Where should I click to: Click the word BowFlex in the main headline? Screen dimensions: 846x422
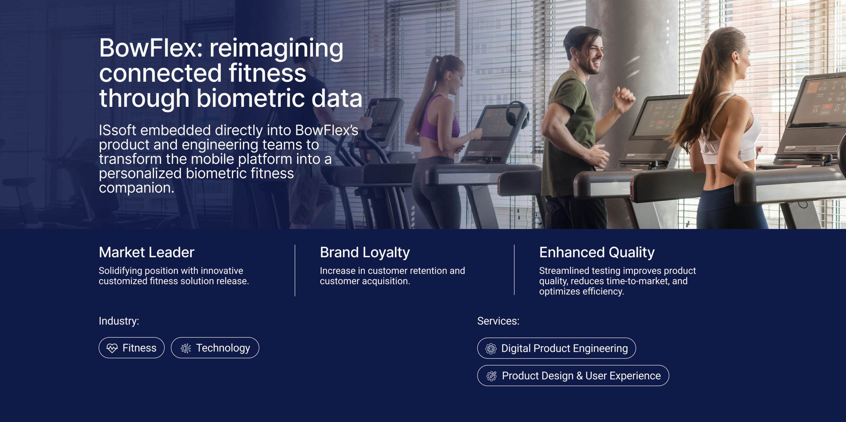pyautogui.click(x=150, y=48)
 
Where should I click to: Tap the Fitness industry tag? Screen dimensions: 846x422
pyautogui.click(x=132, y=348)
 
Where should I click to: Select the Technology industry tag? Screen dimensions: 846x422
pyautogui.click(x=215, y=348)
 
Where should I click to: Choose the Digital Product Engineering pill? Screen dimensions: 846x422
pyautogui.click(x=557, y=348)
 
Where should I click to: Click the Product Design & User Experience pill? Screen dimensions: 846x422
pyautogui.click(x=573, y=375)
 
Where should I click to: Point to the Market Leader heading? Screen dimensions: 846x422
pyautogui.click(x=146, y=252)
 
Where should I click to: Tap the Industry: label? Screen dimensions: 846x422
pyautogui.click(x=119, y=321)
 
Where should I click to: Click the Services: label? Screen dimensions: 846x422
pyautogui.click(x=498, y=321)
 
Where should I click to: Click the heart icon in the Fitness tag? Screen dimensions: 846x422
pyautogui.click(x=112, y=348)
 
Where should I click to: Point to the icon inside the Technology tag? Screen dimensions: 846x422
pyautogui.click(x=186, y=348)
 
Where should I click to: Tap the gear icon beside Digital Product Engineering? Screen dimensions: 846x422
pyautogui.click(x=491, y=348)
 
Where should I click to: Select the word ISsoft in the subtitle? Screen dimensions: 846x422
pyautogui.click(x=117, y=130)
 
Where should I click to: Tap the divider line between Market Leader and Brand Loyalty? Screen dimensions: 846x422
pyautogui.click(x=295, y=270)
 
